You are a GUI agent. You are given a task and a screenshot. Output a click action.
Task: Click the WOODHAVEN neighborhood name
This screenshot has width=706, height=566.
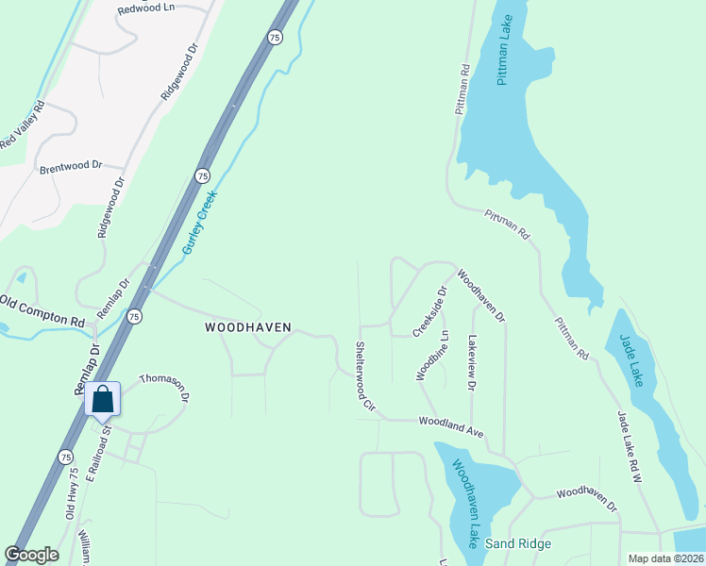249,327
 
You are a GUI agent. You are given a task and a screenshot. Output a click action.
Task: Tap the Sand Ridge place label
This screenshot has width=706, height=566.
518,543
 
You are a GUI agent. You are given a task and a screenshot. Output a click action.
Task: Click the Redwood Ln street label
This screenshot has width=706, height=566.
146,8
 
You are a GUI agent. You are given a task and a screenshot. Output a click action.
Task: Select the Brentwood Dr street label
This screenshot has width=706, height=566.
70,166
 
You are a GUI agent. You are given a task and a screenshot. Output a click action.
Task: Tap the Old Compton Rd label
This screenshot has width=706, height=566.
42,310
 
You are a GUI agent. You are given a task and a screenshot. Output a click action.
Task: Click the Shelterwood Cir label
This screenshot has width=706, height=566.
364,375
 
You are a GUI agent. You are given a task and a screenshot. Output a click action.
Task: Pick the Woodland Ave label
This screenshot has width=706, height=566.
451,426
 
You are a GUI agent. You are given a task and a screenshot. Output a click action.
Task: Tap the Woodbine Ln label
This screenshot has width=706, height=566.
431,355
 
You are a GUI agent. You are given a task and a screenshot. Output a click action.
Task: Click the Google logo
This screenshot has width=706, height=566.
31,555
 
